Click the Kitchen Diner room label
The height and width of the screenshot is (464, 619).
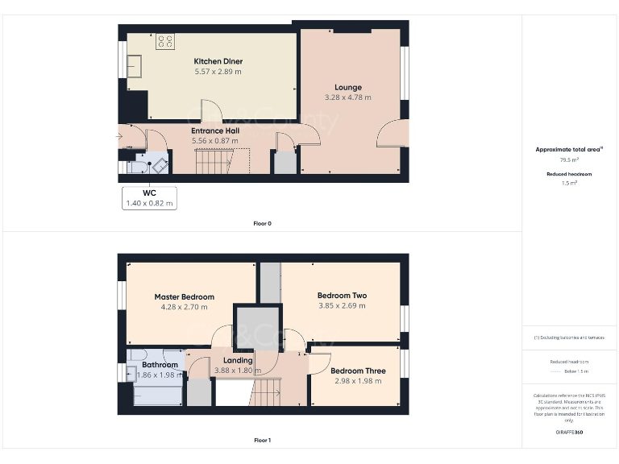(218, 61)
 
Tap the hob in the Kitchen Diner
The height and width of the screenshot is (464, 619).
(166, 40)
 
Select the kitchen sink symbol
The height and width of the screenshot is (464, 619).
(134, 65)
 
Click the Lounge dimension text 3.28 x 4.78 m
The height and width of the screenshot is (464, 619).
(348, 97)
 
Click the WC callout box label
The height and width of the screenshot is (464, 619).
(149, 193)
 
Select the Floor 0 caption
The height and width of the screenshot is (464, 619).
(263, 223)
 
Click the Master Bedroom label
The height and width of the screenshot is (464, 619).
(185, 296)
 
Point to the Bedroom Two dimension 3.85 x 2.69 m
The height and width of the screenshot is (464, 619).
(342, 306)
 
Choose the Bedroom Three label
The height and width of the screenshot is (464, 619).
(358, 371)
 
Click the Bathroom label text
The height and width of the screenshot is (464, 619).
(160, 365)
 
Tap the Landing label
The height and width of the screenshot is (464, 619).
(238, 360)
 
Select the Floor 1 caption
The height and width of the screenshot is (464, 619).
(263, 441)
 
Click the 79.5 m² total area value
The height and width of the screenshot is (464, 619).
(570, 159)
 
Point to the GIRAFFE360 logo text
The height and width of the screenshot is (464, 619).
(569, 433)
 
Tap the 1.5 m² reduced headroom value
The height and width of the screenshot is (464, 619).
(570, 183)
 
